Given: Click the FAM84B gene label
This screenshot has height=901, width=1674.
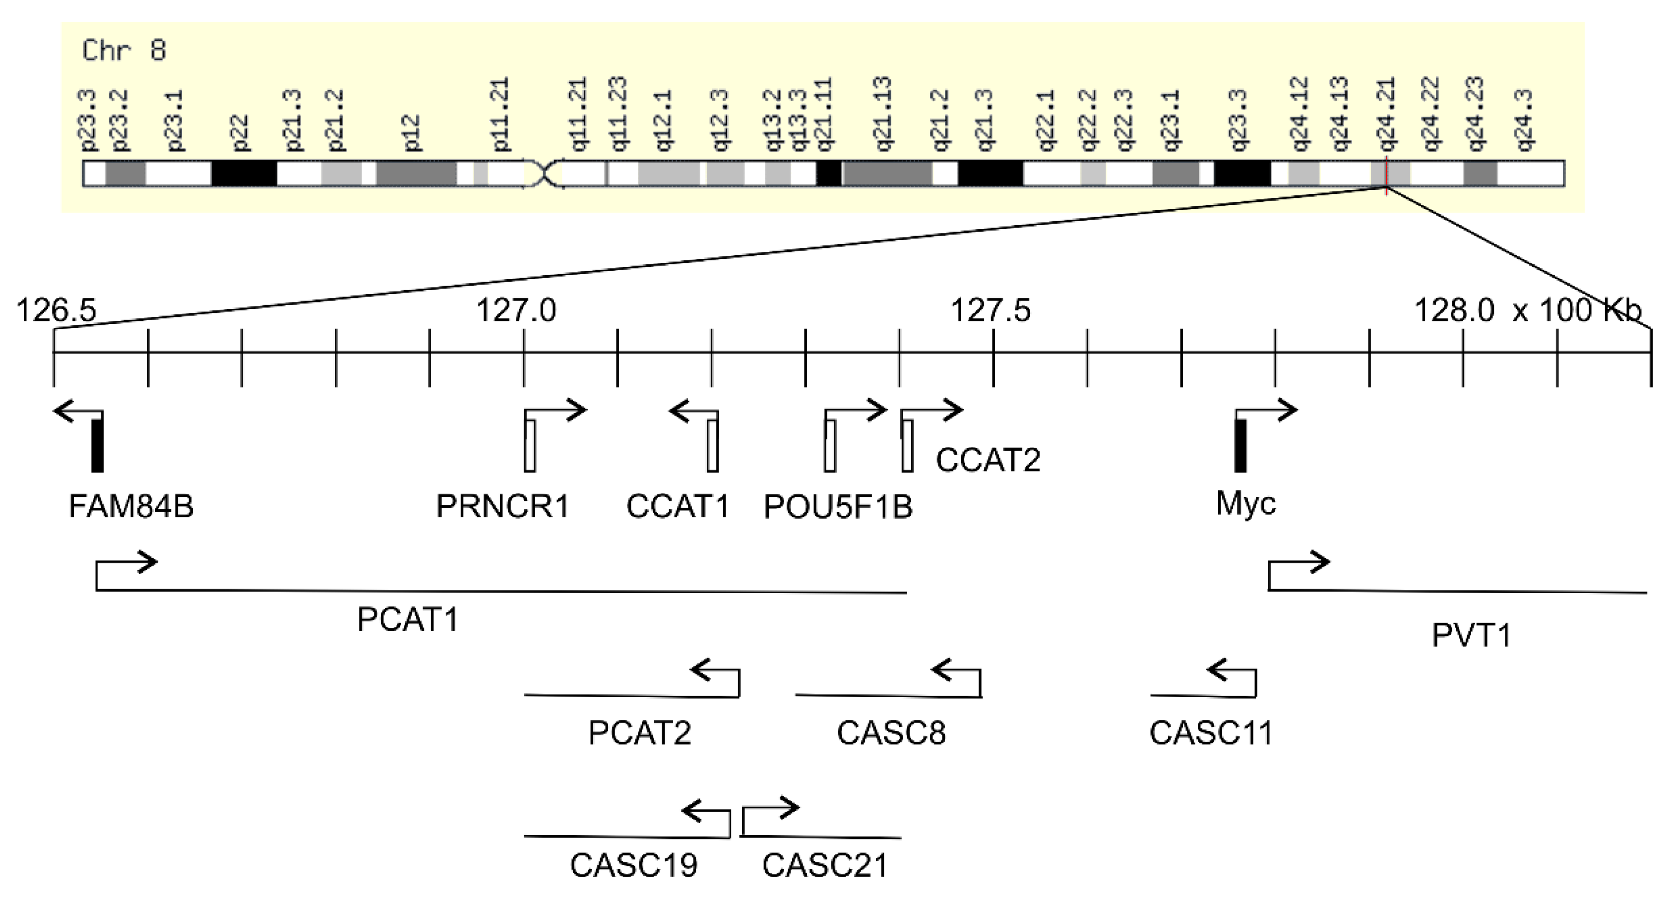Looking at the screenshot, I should pyautogui.click(x=131, y=506).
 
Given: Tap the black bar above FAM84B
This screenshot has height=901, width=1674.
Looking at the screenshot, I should pyautogui.click(x=97, y=446).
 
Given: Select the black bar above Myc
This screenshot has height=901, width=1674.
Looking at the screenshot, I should pyautogui.click(x=1240, y=446).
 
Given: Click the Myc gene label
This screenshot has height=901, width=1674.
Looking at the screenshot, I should pyautogui.click(x=1246, y=503).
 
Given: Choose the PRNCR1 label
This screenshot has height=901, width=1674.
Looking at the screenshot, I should pyautogui.click(x=502, y=506).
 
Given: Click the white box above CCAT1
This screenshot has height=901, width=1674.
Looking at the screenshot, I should pyautogui.click(x=713, y=446).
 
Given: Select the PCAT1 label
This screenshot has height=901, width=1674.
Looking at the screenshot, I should pyautogui.click(x=408, y=619).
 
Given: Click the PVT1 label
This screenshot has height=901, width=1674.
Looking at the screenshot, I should pyautogui.click(x=1471, y=635).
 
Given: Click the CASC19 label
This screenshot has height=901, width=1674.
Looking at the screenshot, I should pyautogui.click(x=633, y=865).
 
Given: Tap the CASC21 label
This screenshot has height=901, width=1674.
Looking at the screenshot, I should pyautogui.click(x=825, y=865).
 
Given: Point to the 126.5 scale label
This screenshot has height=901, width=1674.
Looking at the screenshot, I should pyautogui.click(x=56, y=310).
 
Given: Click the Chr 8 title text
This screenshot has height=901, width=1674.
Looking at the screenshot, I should pyautogui.click(x=124, y=51).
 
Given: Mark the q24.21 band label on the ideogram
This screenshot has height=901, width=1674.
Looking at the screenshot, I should pyautogui.click(x=1387, y=115).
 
